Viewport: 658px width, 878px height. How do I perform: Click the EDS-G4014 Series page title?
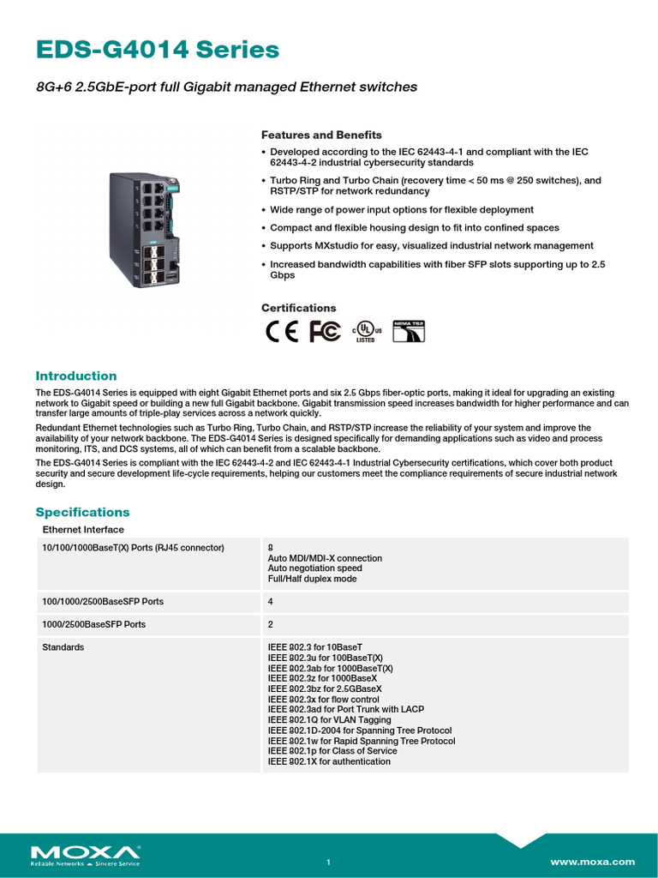(x=158, y=51)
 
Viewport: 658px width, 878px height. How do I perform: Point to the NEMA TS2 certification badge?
(x=409, y=332)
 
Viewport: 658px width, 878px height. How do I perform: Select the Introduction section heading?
(x=75, y=376)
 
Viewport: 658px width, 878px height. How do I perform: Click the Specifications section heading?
(x=82, y=512)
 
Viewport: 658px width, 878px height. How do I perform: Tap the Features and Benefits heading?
(x=321, y=135)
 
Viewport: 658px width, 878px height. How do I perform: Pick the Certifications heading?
(x=298, y=308)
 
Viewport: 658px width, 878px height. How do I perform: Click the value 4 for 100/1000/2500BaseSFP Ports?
(x=271, y=602)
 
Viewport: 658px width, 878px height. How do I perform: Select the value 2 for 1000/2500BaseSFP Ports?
(x=271, y=625)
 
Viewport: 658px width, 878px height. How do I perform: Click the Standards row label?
(x=63, y=647)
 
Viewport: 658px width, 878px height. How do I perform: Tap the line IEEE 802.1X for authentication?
(x=329, y=761)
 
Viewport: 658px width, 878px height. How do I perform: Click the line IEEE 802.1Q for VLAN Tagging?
(x=329, y=720)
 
